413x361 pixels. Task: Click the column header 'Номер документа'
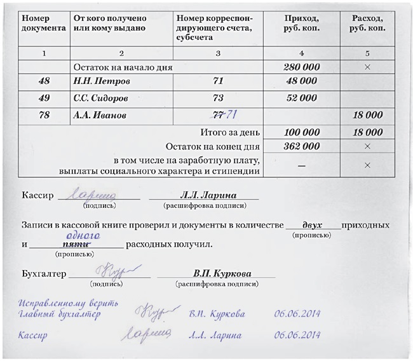pos(43,24)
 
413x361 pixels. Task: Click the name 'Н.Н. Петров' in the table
pos(102,82)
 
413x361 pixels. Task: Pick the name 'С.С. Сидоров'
pos(105,99)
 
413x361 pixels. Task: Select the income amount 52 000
pos(301,99)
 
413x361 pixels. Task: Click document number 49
pos(44,99)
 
